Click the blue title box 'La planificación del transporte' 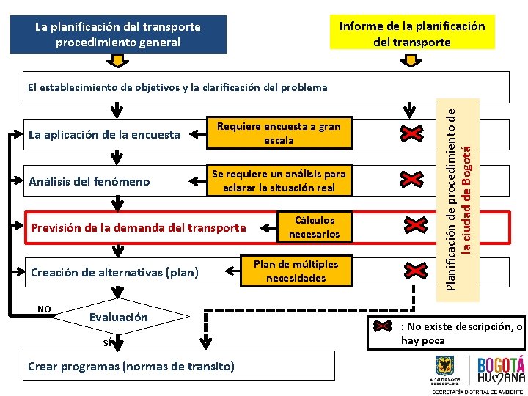(x=118, y=34)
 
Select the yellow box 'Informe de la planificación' (x=411, y=34)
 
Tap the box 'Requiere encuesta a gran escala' (x=279, y=133)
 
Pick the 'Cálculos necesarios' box (x=314, y=227)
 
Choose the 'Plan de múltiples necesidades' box (x=296, y=271)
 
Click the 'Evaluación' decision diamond (x=118, y=318)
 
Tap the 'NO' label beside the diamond (x=44, y=309)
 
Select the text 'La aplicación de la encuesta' (x=103, y=134)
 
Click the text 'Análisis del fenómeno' (x=89, y=181)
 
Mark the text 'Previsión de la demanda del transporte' (x=138, y=227)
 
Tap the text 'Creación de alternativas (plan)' (x=114, y=272)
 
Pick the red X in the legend (x=384, y=326)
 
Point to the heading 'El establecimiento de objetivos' (x=177, y=87)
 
